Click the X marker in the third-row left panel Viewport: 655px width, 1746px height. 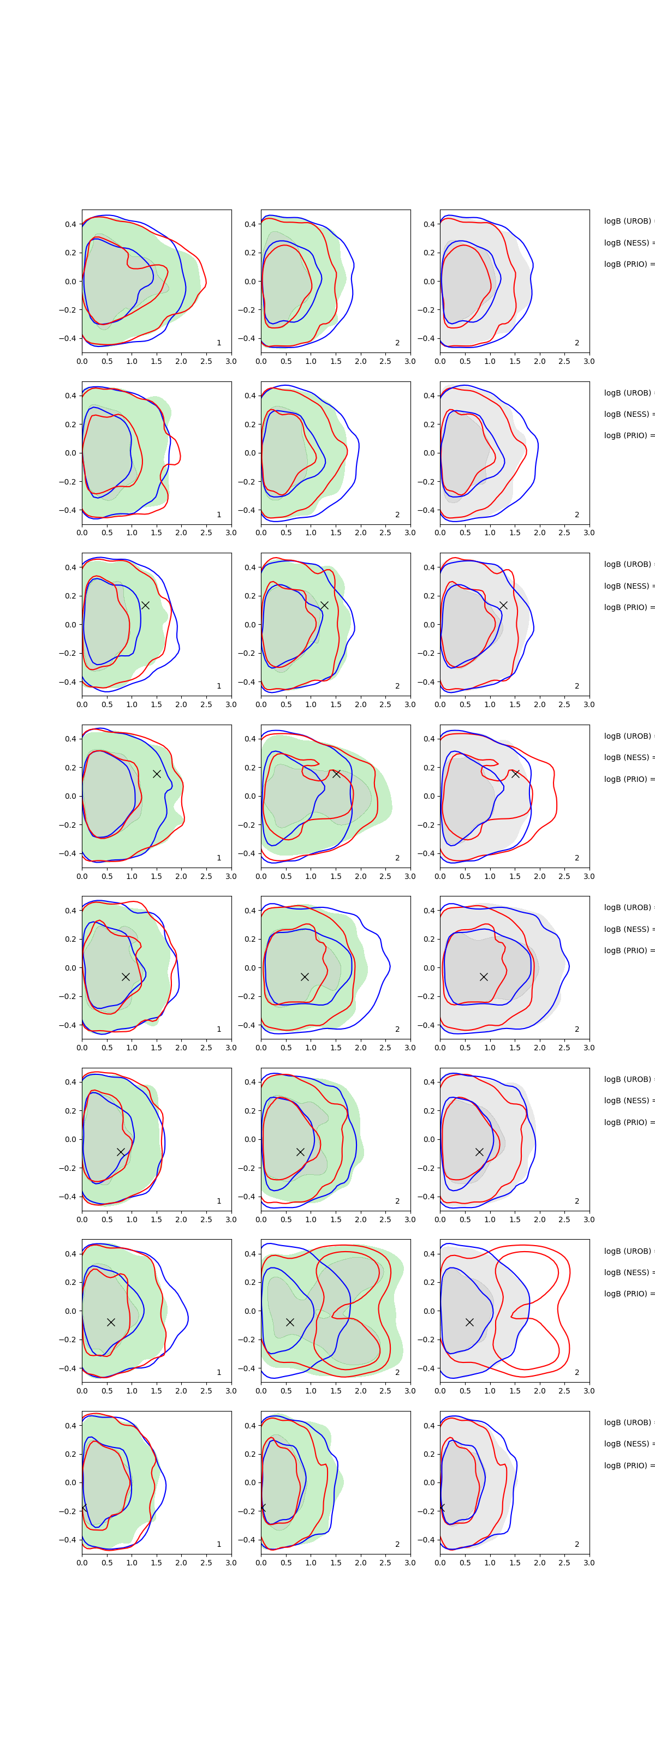[x=145, y=605]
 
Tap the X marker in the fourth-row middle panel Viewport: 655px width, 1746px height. [x=336, y=773]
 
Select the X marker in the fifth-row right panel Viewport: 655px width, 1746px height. [x=484, y=977]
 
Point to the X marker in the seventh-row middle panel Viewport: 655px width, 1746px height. [x=289, y=1322]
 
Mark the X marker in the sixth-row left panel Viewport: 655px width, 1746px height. [x=121, y=1152]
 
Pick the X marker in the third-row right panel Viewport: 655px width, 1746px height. [x=503, y=605]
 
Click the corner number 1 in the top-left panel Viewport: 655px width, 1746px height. [x=218, y=343]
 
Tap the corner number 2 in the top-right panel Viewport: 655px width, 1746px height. [x=577, y=343]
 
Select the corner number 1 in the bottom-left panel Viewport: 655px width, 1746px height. [x=218, y=1544]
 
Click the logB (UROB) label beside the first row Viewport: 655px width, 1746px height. [x=628, y=221]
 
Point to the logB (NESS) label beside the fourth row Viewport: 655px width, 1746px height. [x=628, y=757]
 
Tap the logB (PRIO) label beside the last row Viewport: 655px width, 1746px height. [x=628, y=1466]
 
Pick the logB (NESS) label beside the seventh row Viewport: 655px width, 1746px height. [x=628, y=1272]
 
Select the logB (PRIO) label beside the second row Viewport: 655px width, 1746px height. [x=628, y=435]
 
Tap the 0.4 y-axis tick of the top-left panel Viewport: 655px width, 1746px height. [x=70, y=224]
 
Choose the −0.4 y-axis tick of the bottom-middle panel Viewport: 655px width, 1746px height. [x=246, y=1540]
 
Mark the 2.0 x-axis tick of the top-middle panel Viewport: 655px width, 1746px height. [x=361, y=361]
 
